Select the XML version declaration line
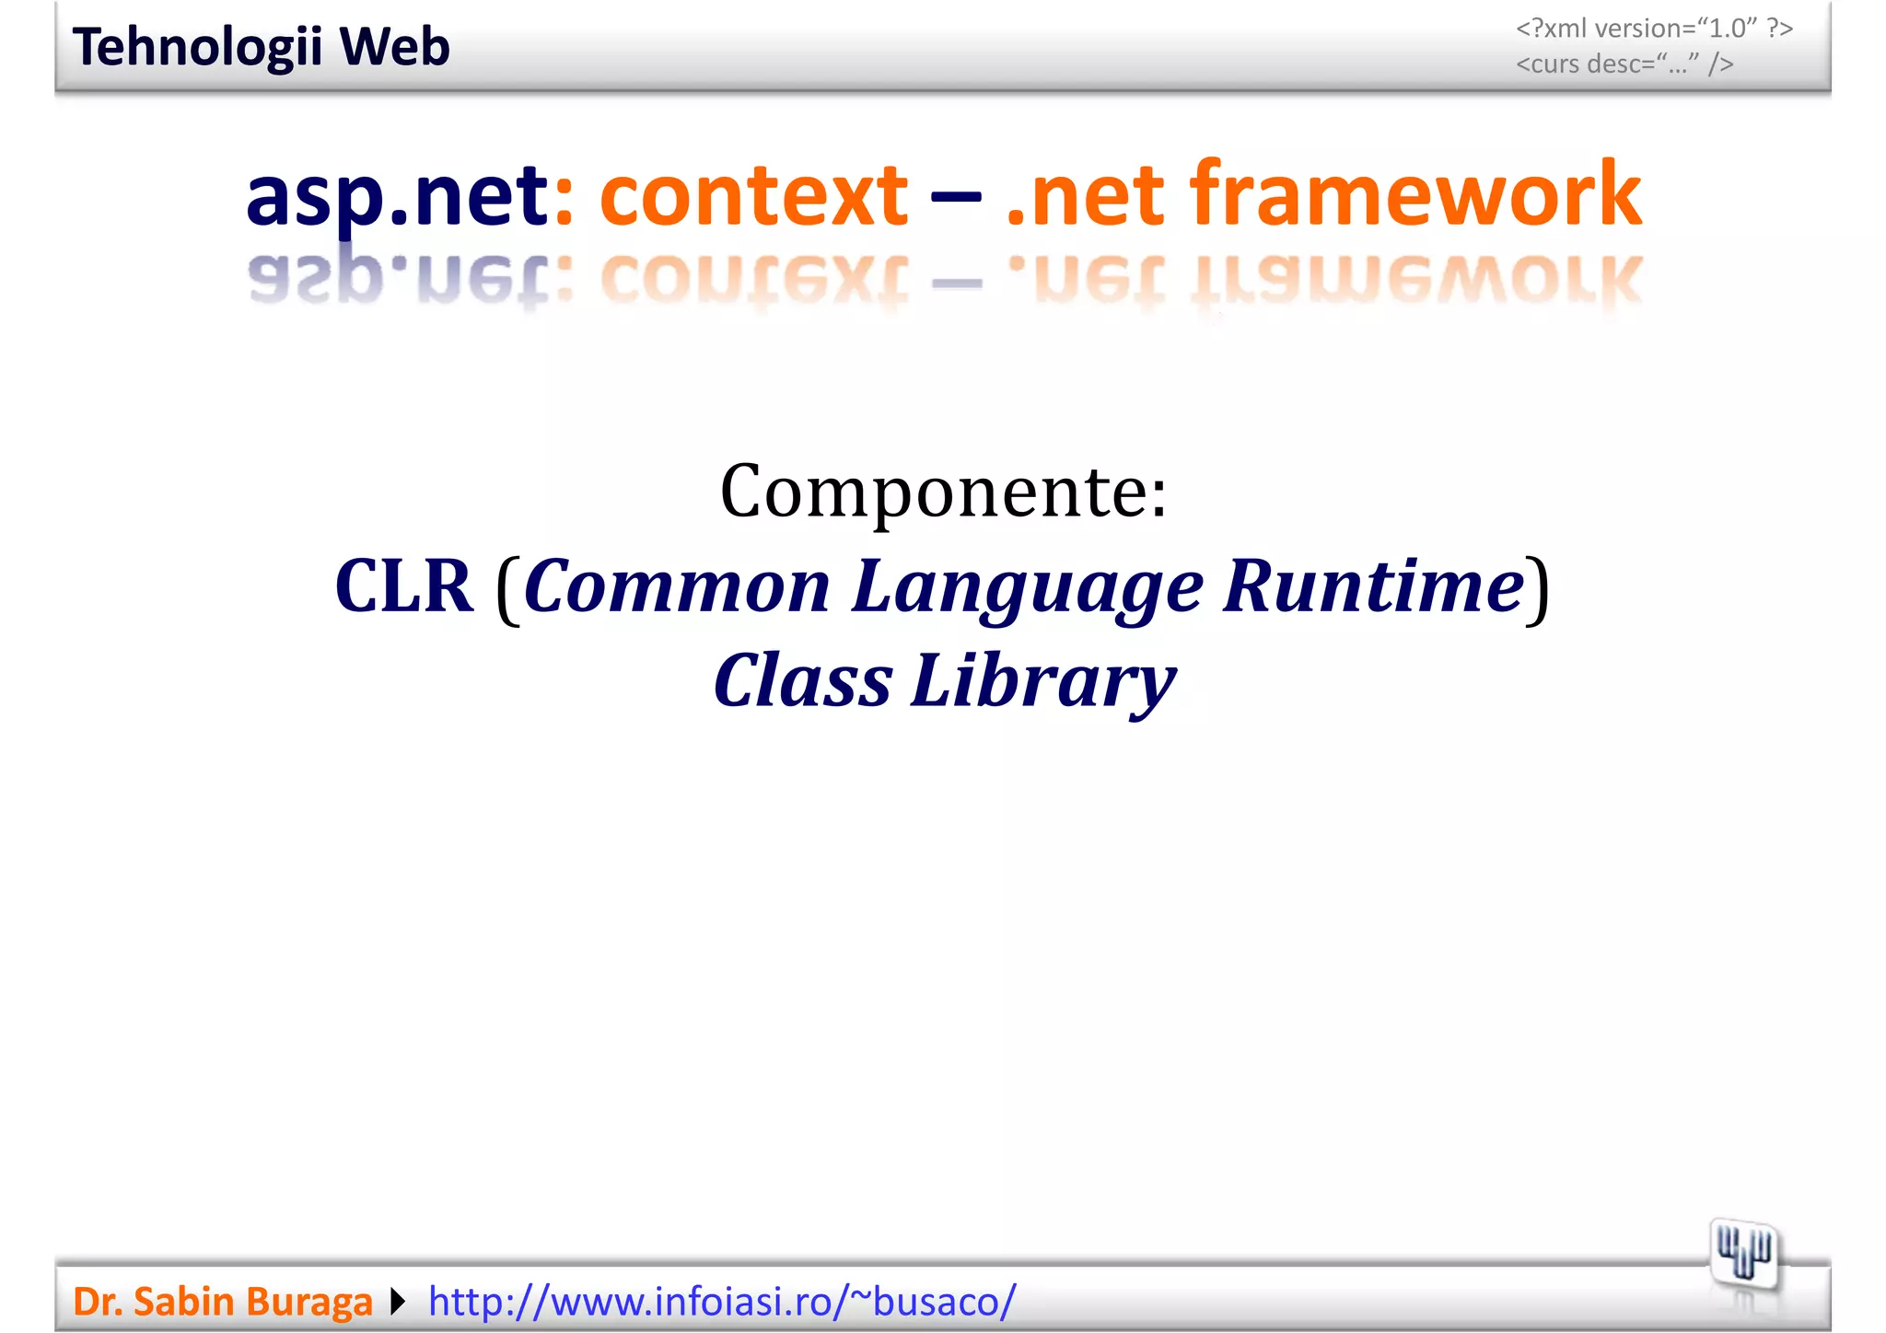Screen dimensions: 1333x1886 1654,29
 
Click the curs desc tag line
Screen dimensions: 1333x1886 1624,64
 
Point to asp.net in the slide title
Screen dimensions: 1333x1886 398,195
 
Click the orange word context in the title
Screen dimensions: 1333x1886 753,195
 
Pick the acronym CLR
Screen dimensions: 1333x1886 403,586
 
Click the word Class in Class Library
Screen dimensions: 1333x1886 802,681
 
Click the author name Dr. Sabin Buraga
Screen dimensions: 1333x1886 223,1302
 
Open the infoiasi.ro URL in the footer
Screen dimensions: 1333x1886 722,1302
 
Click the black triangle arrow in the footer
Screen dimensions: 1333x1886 398,1302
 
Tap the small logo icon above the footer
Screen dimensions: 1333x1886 1743,1254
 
